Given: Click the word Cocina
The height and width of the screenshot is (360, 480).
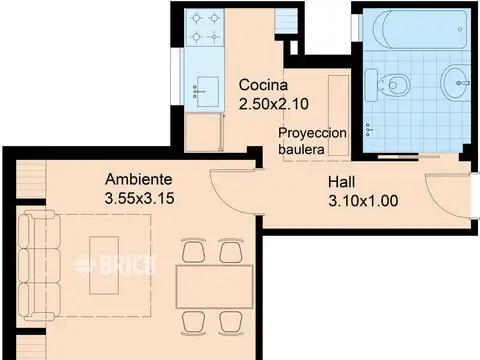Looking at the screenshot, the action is (x=263, y=85).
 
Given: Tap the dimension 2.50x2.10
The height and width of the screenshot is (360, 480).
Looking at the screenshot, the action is (x=274, y=104).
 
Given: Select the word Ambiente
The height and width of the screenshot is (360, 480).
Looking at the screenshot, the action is (x=139, y=179).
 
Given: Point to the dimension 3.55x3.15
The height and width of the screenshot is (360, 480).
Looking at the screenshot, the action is (x=139, y=198).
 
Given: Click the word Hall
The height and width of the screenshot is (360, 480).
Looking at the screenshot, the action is (x=341, y=182).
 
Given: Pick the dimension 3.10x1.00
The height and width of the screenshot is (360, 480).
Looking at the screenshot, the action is (x=363, y=201).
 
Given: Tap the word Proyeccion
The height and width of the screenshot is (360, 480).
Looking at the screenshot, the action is (x=312, y=133).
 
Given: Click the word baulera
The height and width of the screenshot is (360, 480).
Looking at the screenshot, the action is (x=301, y=149).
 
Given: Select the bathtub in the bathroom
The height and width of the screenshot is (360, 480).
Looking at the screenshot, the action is (x=420, y=30).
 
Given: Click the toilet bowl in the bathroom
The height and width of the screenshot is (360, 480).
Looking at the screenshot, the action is (x=393, y=85).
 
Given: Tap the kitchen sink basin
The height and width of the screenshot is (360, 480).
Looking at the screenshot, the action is (x=208, y=92).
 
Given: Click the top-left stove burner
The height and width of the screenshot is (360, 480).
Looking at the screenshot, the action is (x=196, y=18).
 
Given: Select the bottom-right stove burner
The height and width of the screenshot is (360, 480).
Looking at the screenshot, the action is (x=215, y=36).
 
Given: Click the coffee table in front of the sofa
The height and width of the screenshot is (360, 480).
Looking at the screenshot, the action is (x=104, y=265).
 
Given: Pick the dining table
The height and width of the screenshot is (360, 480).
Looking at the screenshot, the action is (x=215, y=287).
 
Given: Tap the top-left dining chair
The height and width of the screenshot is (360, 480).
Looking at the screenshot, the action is (x=194, y=250).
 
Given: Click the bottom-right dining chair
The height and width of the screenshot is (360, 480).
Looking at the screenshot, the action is (x=231, y=323).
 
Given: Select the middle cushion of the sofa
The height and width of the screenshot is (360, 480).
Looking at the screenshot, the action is (x=39, y=265).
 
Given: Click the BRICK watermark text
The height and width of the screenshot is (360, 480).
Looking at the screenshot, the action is (x=115, y=265).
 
